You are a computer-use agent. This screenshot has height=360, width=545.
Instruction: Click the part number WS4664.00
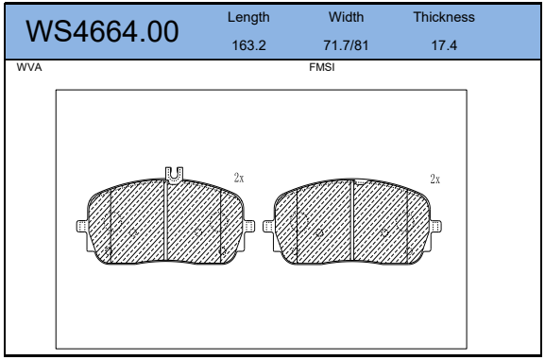tap(102, 31)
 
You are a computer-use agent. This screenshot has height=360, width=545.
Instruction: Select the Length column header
tap(248, 17)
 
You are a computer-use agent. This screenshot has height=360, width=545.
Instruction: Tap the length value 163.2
tap(248, 45)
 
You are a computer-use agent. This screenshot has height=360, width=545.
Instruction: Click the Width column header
tap(347, 17)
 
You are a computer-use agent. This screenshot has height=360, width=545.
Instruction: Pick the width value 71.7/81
tap(346, 45)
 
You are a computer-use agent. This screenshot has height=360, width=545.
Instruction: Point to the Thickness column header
tap(444, 17)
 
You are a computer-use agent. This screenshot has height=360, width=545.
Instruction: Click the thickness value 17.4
tap(444, 45)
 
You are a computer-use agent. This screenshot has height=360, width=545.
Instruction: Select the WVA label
tap(29, 67)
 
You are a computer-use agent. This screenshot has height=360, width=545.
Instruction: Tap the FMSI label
tap(322, 67)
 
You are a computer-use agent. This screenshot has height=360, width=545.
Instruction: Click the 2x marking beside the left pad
tap(239, 178)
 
